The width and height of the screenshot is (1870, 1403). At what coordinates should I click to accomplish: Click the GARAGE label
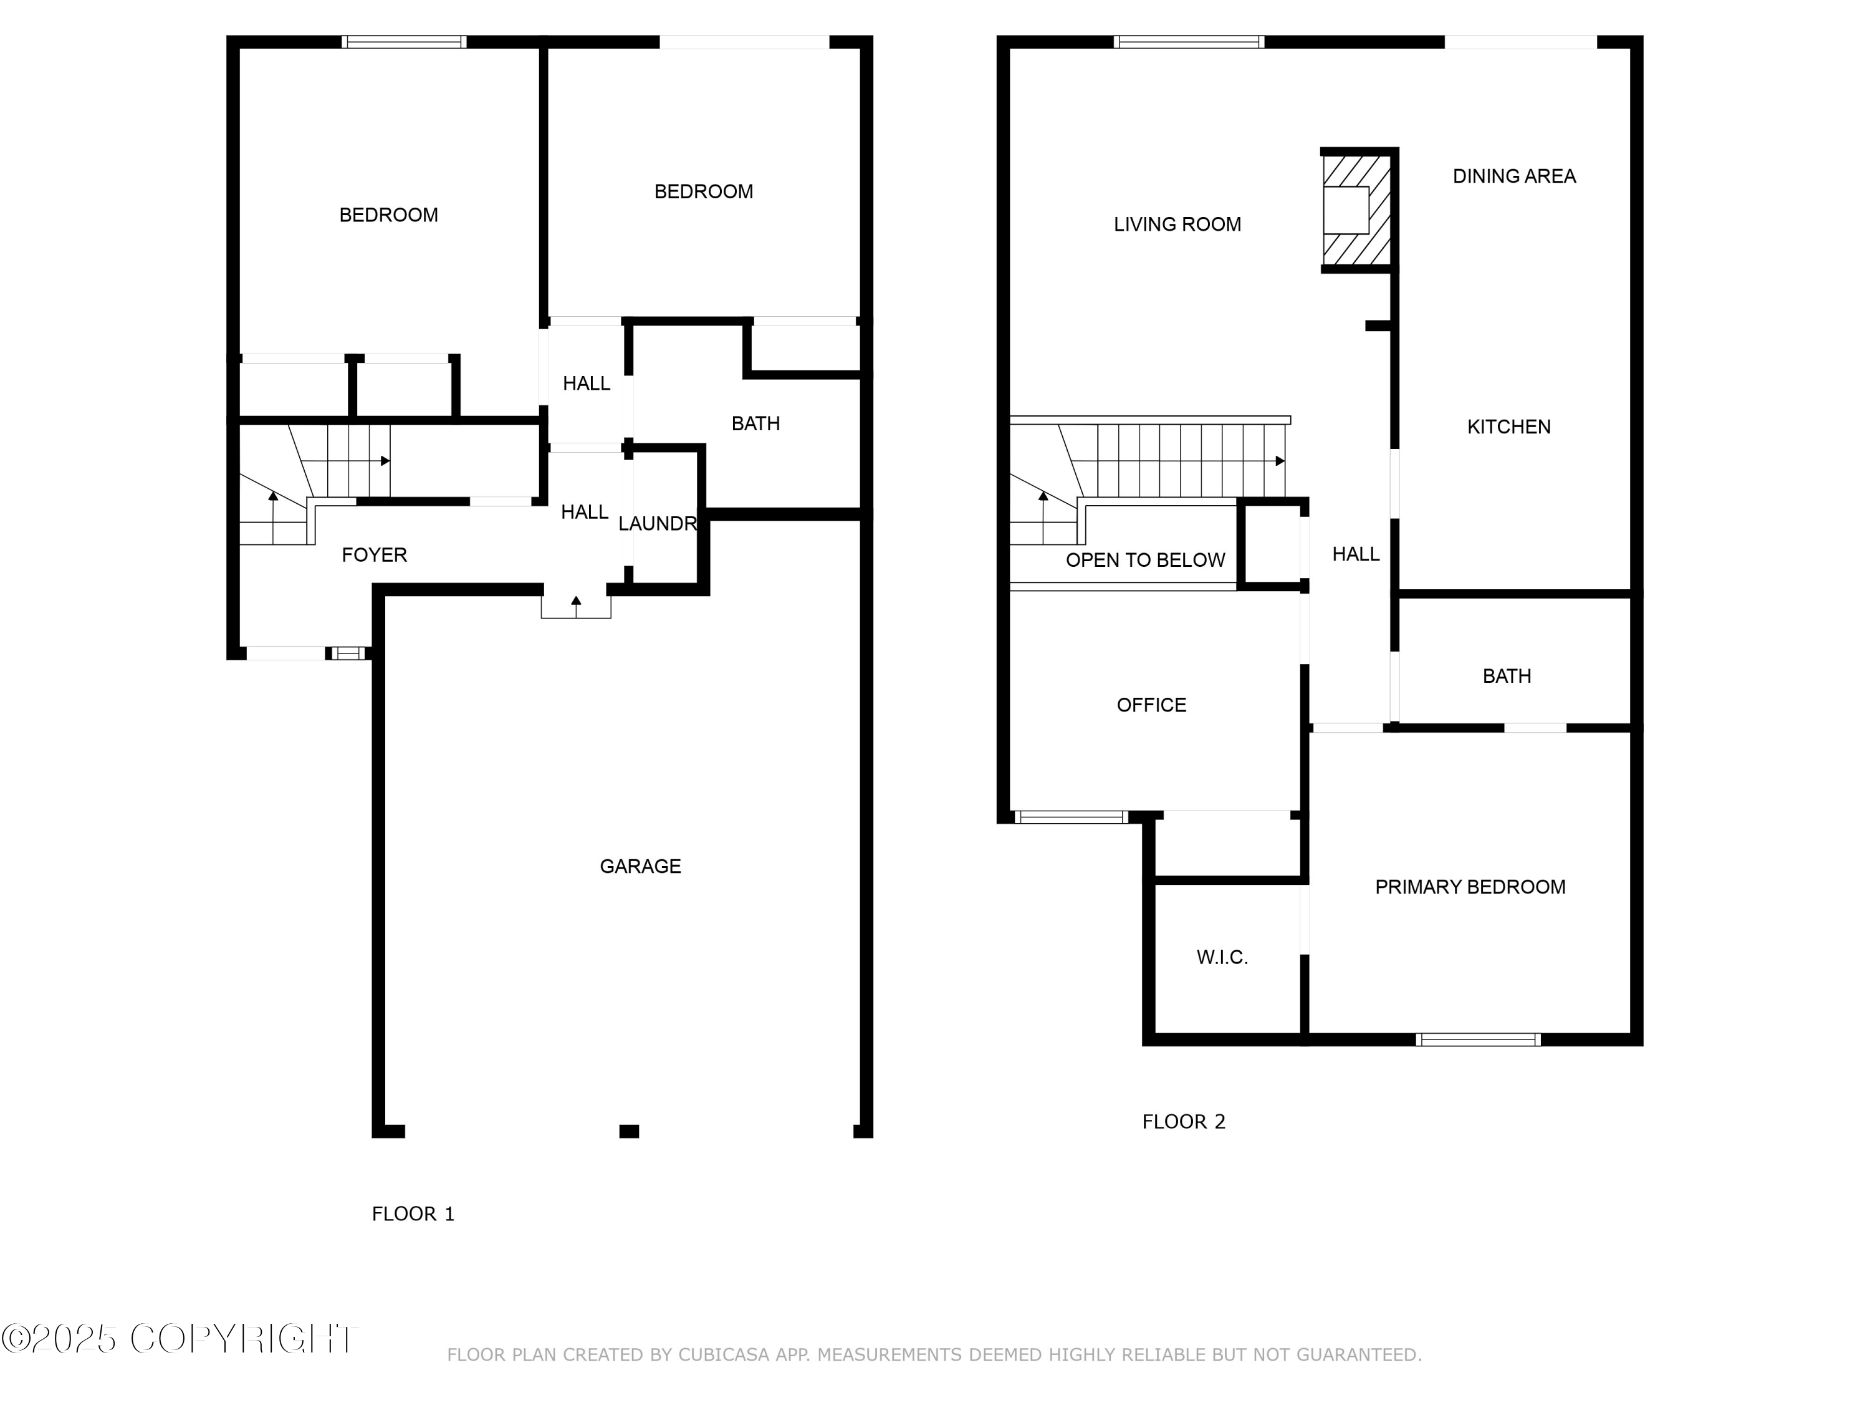pos(640,866)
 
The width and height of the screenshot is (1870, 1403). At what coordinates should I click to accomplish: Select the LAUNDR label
pos(657,524)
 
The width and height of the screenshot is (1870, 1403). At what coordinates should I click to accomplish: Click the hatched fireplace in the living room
pos(1355,211)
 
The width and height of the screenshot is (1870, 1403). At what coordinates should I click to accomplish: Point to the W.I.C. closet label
pos(1222,957)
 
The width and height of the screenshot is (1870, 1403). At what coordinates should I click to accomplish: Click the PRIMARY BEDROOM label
pos(1469,887)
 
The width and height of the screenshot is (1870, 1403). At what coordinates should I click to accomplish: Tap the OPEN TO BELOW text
pos(1144,560)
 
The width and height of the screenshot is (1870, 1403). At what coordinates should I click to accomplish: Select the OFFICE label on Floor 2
pos(1151,705)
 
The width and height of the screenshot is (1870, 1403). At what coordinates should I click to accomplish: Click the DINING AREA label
pos(1513,176)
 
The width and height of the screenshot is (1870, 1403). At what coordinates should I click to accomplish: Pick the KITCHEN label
pos(1508,427)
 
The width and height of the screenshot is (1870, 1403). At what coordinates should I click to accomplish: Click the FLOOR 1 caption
pos(413,1213)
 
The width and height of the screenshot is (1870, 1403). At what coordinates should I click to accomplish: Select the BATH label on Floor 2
pos(1507,676)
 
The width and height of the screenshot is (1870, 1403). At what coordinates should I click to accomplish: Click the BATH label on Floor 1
pos(755,423)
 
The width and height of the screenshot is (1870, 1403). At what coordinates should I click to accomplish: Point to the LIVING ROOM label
pos(1177,224)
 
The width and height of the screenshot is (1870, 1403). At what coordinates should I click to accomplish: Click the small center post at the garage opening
pos(629,1132)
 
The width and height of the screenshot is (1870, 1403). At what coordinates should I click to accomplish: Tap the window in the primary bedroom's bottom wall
pos(1478,1039)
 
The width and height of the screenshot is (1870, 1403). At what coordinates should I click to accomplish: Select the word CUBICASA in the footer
pos(724,1355)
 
